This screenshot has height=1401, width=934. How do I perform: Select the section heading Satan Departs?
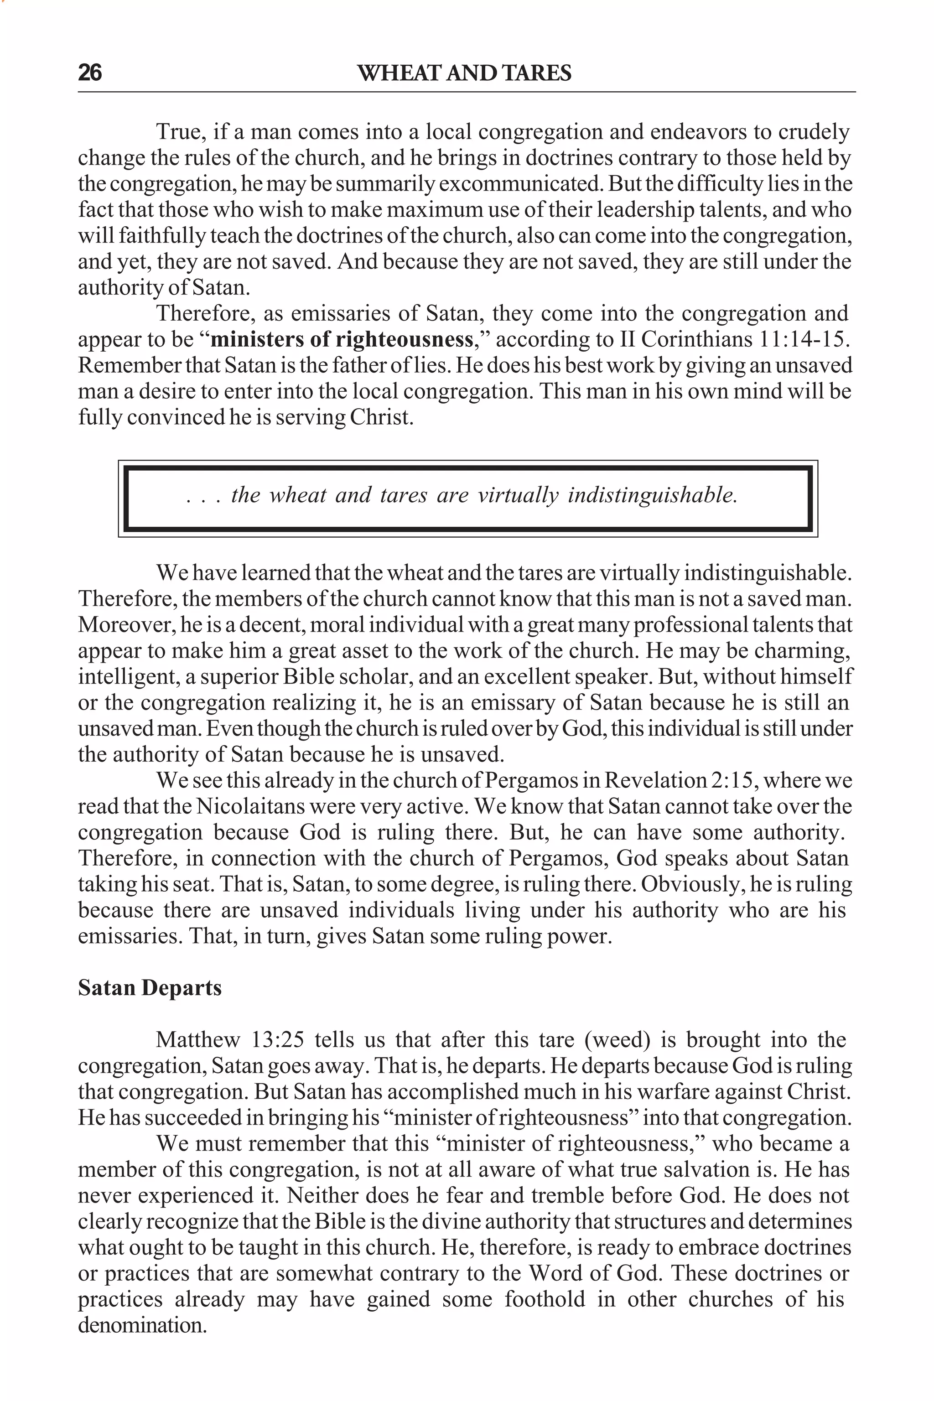tap(150, 988)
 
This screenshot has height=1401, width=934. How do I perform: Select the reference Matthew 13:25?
tap(229, 1039)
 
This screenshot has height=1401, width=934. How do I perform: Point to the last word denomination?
tap(142, 1325)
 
